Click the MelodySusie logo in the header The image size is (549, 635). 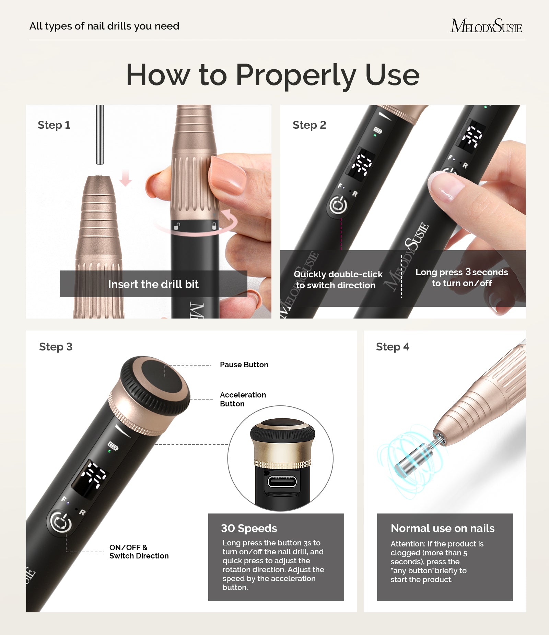tap(486, 26)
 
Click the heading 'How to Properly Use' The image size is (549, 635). tap(273, 75)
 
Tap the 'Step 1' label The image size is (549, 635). tap(54, 125)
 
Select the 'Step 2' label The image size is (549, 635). tap(309, 125)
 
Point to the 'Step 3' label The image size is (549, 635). tap(56, 347)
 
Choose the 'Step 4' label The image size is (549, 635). tap(393, 347)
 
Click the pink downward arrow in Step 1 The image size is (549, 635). tap(125, 178)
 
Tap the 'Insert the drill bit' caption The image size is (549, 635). tap(153, 284)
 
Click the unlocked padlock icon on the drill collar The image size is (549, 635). tap(177, 226)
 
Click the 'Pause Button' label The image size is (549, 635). tap(244, 365)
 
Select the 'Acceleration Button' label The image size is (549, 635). tap(243, 399)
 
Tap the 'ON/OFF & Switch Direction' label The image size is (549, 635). tap(139, 552)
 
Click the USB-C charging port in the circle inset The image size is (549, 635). tap(282, 482)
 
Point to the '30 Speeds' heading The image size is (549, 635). tap(249, 528)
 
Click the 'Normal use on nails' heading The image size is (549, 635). tap(442, 528)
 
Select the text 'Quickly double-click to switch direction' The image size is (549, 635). tap(338, 279)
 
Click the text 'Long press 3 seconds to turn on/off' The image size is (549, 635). tap(462, 277)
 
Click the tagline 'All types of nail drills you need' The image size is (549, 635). tap(104, 26)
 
